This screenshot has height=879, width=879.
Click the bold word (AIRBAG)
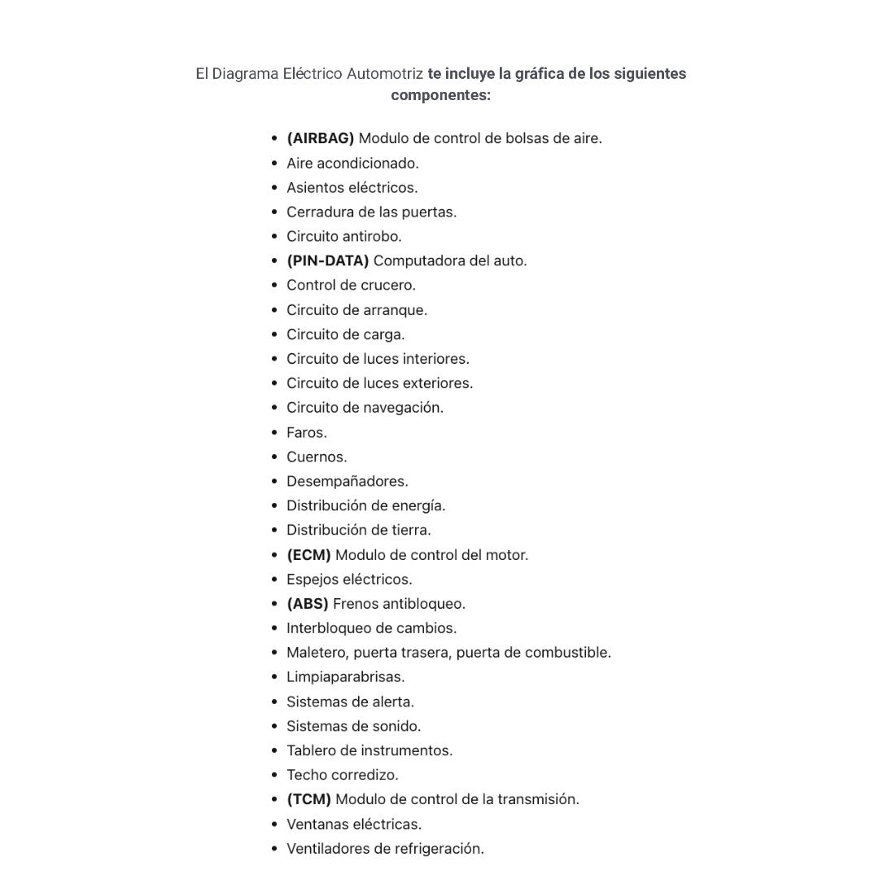coord(320,138)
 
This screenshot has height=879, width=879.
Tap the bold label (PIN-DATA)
coord(327,260)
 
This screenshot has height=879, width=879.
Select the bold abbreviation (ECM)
coord(308,555)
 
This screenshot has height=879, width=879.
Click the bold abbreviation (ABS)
coord(307,604)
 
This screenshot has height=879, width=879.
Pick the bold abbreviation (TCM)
coord(308,799)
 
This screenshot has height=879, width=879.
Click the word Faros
coord(306,432)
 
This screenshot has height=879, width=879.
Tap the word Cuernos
coord(316,457)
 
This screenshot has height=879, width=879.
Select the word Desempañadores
coord(347,481)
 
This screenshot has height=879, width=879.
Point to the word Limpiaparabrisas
coord(345,677)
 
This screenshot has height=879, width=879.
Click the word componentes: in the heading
coord(440,95)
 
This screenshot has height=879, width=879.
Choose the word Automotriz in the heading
coord(384,74)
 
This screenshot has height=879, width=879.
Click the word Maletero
coord(317,653)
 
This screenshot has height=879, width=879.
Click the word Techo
coord(307,775)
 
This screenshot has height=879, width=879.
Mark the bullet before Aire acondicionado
coord(275,163)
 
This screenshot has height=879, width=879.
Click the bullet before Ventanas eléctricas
coord(275,824)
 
